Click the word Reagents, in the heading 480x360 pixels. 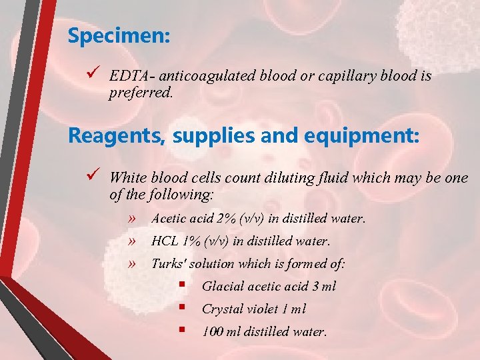click(117, 136)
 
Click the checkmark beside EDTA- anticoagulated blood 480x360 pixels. click(93, 75)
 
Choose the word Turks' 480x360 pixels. click(169, 263)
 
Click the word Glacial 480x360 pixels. click(223, 286)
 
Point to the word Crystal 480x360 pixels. click(222, 309)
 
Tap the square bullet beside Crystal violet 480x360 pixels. click(181, 308)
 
